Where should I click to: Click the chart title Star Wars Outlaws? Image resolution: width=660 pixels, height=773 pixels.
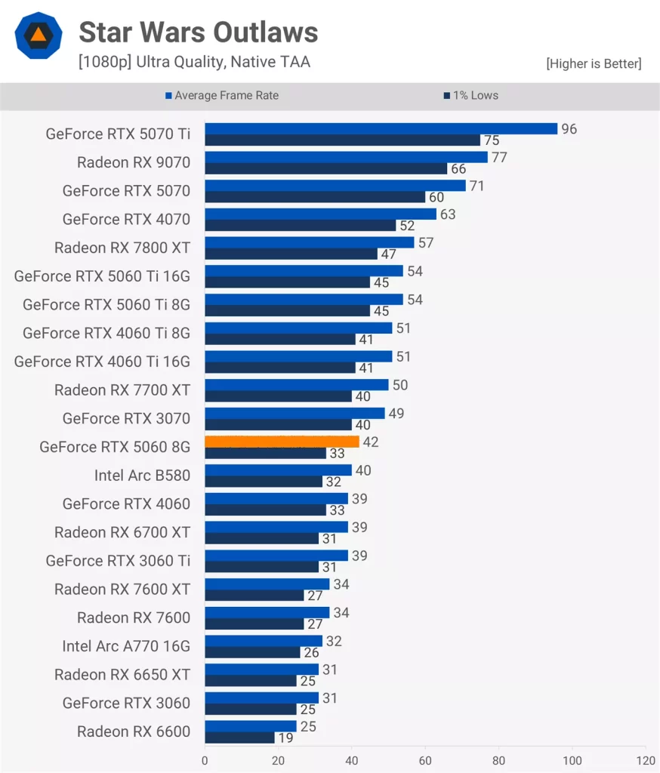click(x=198, y=32)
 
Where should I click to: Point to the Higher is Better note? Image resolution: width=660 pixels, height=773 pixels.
click(x=594, y=64)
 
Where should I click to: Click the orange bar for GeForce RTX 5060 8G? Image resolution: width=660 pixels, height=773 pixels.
click(x=282, y=442)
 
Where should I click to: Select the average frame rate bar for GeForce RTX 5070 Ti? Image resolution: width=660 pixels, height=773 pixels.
click(x=381, y=129)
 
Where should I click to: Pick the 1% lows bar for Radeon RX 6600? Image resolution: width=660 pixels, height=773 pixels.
click(x=239, y=738)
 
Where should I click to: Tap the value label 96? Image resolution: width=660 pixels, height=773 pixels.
click(x=569, y=129)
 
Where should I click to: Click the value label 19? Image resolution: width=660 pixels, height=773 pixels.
click(x=285, y=738)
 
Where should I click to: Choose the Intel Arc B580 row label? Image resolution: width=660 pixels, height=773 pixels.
click(x=142, y=476)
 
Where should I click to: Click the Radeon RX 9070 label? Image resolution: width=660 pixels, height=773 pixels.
click(x=134, y=162)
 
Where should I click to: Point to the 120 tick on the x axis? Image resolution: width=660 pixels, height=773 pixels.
click(x=646, y=760)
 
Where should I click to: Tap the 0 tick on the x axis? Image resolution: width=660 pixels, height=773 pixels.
click(x=205, y=760)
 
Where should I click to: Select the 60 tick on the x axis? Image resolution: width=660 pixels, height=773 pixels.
click(x=425, y=760)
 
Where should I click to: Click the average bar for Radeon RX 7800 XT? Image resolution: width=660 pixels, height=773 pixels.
click(x=310, y=242)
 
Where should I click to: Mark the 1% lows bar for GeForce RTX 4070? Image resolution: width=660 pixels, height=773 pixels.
click(x=301, y=225)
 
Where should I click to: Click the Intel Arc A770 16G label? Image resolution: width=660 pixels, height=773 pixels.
click(x=126, y=646)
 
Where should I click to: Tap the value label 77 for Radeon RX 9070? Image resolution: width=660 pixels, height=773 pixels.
click(x=498, y=157)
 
